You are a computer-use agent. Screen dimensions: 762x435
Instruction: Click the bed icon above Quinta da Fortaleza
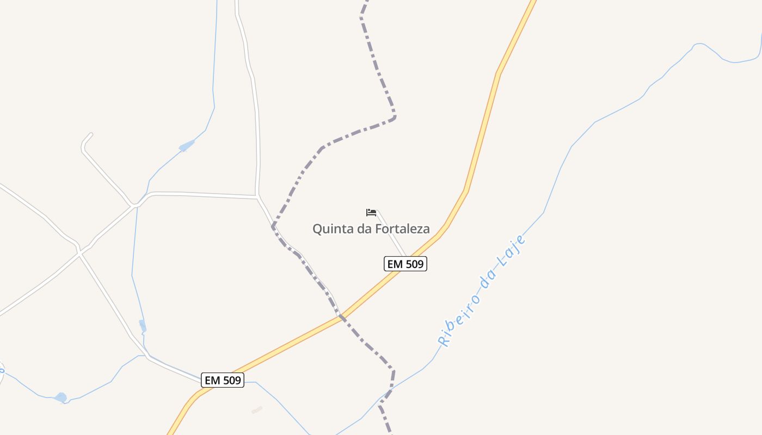point(371,212)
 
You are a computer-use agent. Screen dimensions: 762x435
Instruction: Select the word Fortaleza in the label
point(402,229)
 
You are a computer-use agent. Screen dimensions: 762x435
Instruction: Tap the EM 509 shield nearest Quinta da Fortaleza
point(405,264)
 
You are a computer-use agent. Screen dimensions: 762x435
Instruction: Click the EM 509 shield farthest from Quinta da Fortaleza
point(222,380)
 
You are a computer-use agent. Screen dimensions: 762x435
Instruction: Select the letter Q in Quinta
point(317,229)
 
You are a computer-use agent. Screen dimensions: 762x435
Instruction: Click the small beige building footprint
point(257,410)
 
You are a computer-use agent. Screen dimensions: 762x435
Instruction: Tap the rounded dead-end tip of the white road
point(90,134)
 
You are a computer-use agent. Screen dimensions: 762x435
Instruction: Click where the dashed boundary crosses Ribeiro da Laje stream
point(388,394)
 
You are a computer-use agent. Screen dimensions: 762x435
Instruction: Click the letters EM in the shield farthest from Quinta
point(212,380)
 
